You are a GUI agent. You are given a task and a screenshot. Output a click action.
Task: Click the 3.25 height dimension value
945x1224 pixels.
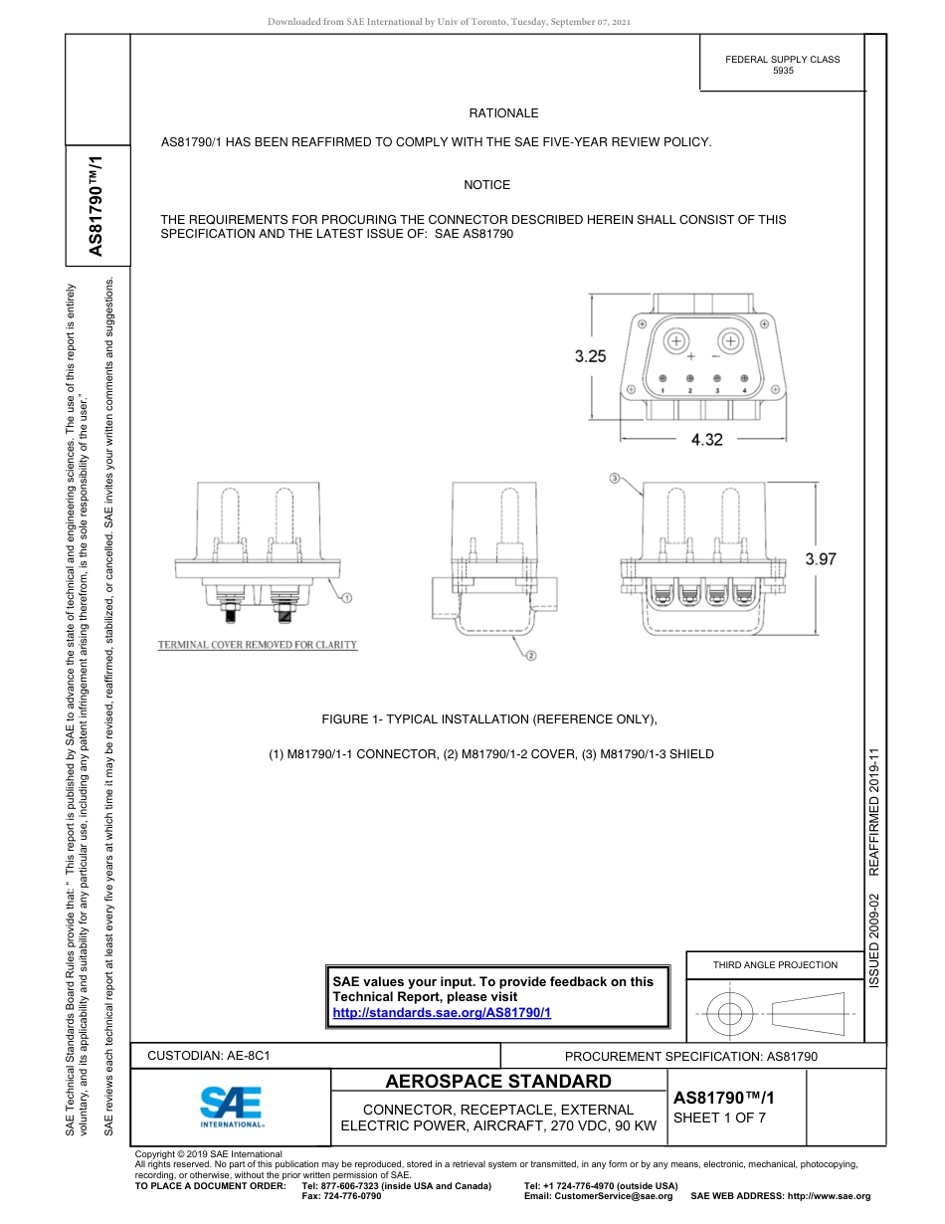click(x=590, y=356)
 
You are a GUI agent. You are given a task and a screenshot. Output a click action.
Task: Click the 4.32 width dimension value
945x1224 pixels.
click(x=706, y=439)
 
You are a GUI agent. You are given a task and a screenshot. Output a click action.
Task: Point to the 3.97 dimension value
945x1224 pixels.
click(x=821, y=559)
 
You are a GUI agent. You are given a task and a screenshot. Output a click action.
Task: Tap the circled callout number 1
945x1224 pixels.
click(x=346, y=597)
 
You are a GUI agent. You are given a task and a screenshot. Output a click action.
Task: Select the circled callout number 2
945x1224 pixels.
click(x=531, y=656)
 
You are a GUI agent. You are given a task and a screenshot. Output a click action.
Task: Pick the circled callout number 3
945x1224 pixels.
click(x=615, y=479)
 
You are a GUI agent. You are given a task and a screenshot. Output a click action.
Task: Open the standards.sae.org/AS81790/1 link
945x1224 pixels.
click(x=442, y=1012)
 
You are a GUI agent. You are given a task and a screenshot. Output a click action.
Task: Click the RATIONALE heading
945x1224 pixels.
click(x=503, y=114)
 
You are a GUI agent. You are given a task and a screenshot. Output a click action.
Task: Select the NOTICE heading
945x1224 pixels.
click(x=486, y=185)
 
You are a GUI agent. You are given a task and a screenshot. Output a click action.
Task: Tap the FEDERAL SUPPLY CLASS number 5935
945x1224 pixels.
click(x=783, y=73)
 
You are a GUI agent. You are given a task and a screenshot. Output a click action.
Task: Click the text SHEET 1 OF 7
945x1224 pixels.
click(x=719, y=1118)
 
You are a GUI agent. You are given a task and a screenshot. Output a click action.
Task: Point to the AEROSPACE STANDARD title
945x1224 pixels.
click(x=498, y=1082)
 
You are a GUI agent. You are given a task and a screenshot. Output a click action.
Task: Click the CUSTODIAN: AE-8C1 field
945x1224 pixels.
click(x=209, y=1055)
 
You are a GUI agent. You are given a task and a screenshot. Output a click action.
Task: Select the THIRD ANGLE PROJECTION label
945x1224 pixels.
click(x=775, y=964)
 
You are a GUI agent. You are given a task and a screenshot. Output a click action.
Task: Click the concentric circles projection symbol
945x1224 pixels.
click(x=730, y=1015)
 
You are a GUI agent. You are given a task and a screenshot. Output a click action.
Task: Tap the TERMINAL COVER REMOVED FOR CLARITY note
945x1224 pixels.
click(x=258, y=645)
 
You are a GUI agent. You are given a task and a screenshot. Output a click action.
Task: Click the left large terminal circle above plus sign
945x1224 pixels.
click(x=677, y=341)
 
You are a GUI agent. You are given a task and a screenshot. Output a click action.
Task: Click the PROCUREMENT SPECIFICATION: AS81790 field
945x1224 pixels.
click(x=690, y=1056)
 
